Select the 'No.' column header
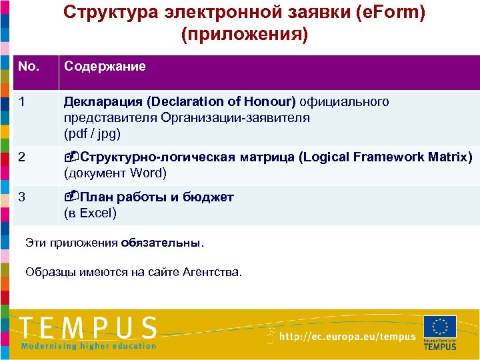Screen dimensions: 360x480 [x=29, y=67]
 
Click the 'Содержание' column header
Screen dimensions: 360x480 [x=105, y=67]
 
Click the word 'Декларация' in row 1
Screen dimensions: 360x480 [x=103, y=102]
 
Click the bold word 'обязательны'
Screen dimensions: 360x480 [x=161, y=243]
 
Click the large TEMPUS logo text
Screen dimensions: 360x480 [x=89, y=328]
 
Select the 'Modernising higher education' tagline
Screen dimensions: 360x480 [x=89, y=345]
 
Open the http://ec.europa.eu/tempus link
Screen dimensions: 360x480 [x=347, y=337]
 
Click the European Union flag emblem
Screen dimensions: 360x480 [x=440, y=327]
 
